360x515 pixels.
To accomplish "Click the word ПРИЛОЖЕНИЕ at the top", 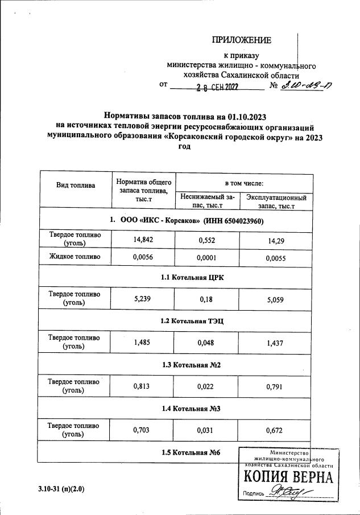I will click(x=242, y=40).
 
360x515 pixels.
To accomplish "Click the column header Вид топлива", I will click(x=76, y=185).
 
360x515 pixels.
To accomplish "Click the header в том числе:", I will click(x=244, y=183).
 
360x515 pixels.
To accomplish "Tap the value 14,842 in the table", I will click(x=143, y=240).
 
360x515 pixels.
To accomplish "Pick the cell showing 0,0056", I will click(x=143, y=258).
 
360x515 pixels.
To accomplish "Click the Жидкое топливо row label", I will click(x=76, y=257).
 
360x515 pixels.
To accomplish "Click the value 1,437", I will click(x=276, y=342).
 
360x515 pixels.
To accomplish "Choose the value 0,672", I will click(x=276, y=430).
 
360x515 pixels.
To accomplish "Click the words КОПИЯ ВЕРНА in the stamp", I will click(x=288, y=477).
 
